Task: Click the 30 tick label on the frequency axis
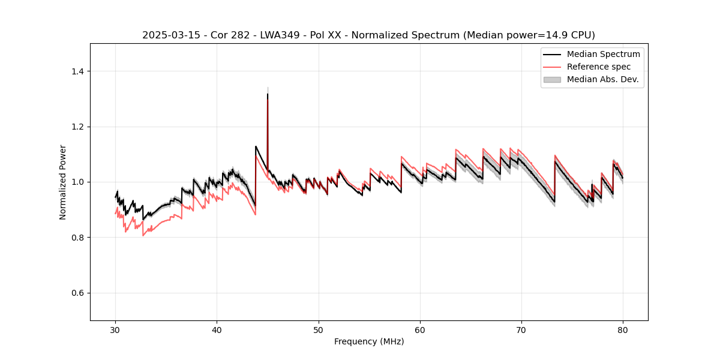pyautogui.click(x=116, y=330)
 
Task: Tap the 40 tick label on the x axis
pyautogui.click(x=217, y=330)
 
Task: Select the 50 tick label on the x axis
pyautogui.click(x=319, y=330)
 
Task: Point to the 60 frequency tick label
pyautogui.click(x=420, y=330)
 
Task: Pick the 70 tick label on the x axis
pyautogui.click(x=521, y=330)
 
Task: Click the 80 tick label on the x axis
pyautogui.click(x=623, y=330)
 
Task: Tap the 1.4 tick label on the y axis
pyautogui.click(x=77, y=71)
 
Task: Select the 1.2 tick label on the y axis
pyautogui.click(x=77, y=127)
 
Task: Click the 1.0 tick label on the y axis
pyautogui.click(x=77, y=182)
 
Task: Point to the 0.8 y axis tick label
pyautogui.click(x=77, y=238)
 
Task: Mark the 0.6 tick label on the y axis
pyautogui.click(x=77, y=293)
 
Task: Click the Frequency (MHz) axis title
pyautogui.click(x=369, y=341)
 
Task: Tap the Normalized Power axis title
pyautogui.click(x=63, y=182)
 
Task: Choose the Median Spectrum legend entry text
pyautogui.click(x=603, y=54)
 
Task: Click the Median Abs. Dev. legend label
pyautogui.click(x=602, y=79)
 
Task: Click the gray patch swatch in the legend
pyautogui.click(x=552, y=79)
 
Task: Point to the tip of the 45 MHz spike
pyautogui.click(x=268, y=94)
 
